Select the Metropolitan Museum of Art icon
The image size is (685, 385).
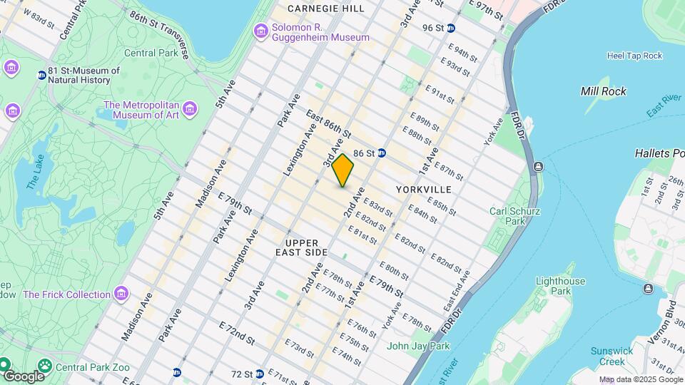coord(189,108)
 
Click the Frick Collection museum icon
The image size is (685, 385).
coord(121,294)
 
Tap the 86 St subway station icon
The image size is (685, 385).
coord(382,153)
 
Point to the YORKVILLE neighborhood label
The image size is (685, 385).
coord(425,190)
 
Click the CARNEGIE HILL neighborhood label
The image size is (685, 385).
coord(325,9)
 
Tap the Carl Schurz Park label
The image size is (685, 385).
coord(514,216)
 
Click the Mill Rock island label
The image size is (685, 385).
coord(603,91)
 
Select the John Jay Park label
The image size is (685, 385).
coord(418,346)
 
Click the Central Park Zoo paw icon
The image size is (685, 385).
coord(45,366)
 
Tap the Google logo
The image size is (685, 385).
coord(23,376)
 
